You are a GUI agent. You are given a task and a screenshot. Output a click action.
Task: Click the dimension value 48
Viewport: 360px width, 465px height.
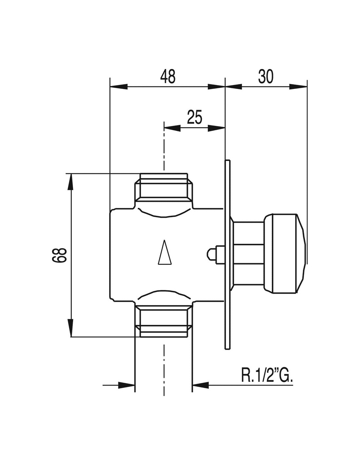pyautogui.click(x=168, y=76)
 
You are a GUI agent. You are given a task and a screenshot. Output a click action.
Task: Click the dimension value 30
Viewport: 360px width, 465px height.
pyautogui.click(x=266, y=77)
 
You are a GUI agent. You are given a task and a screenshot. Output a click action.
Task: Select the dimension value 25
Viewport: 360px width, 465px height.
pyautogui.click(x=194, y=117)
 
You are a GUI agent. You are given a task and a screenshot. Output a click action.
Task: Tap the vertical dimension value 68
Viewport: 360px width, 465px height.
pyautogui.click(x=59, y=255)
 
